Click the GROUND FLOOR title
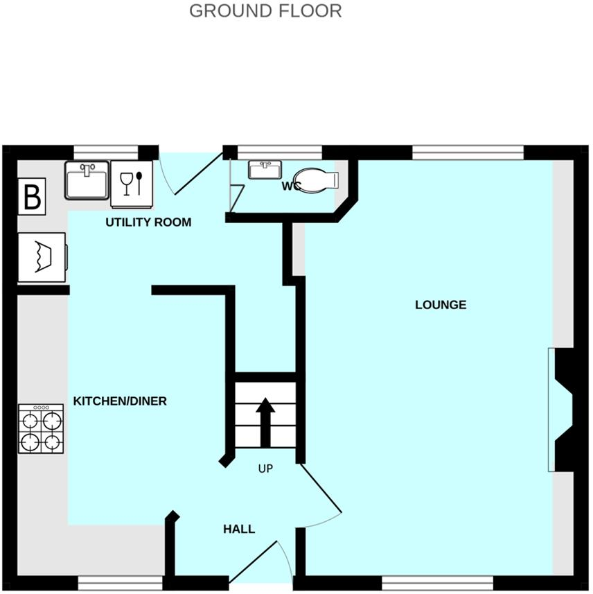coord(265,11)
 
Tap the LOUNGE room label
coord(441,305)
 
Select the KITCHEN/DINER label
coord(120,401)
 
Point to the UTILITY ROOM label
coord(148,222)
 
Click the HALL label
coord(239,530)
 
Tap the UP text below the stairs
coord(265,469)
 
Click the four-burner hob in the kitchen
coord(42,429)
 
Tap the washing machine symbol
coord(42,257)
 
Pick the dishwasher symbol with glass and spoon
coord(132,184)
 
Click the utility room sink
coord(88,180)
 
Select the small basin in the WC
coord(264,170)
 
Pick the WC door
coord(236,193)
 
